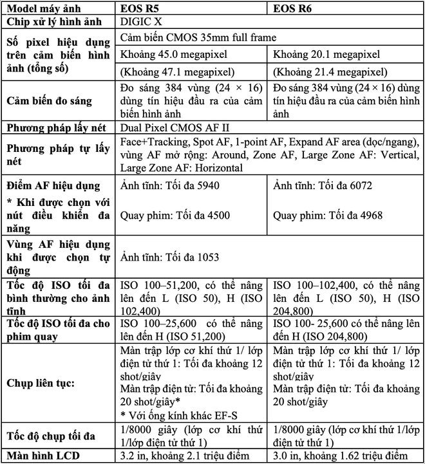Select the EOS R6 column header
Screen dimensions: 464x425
(297, 8)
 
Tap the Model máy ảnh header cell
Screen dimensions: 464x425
(48, 8)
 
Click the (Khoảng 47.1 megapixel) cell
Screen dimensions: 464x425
(177, 71)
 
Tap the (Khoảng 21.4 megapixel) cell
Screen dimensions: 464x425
(329, 71)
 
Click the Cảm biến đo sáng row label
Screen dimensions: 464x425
(49, 100)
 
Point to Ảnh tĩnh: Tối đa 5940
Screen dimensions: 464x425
(164, 186)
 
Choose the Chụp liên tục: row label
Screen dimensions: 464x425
(39, 383)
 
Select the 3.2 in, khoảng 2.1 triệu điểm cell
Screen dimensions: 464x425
(184, 456)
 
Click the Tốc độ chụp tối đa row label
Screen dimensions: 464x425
(51, 436)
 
